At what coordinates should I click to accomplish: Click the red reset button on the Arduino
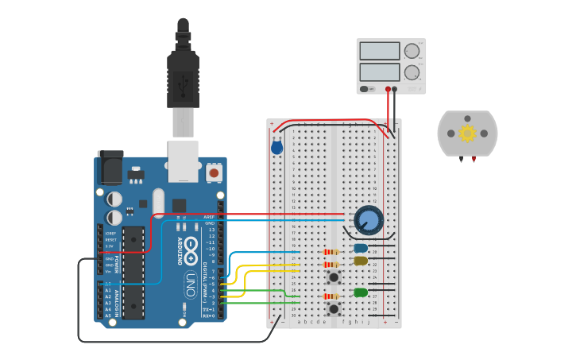tap(214, 172)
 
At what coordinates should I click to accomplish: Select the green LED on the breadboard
tap(361, 292)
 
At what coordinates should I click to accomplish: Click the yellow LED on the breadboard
tap(361, 261)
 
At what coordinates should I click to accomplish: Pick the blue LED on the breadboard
tap(361, 248)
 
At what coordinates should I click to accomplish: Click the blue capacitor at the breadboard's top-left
tap(276, 147)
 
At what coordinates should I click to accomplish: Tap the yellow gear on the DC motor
tap(467, 133)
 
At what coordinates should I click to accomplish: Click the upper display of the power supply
tap(379, 52)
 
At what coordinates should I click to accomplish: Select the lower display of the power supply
tap(379, 72)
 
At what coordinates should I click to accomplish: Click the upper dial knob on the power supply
tap(412, 52)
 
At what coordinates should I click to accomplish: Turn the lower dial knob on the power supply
tap(412, 72)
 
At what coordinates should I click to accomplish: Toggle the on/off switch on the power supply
tap(365, 89)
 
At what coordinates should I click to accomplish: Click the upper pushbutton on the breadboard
tap(334, 277)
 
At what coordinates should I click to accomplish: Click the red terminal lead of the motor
tap(474, 159)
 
